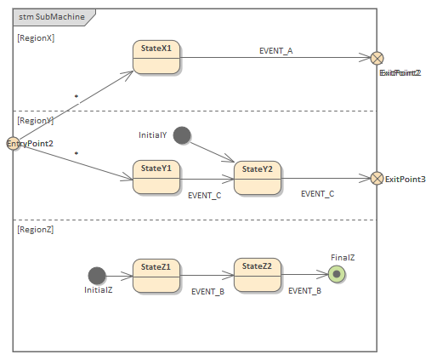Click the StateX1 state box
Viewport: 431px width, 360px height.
pos(156,58)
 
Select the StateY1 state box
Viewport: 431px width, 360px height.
pos(156,177)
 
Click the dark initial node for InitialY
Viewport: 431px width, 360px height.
pos(181,135)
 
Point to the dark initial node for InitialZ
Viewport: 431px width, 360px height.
pos(97,275)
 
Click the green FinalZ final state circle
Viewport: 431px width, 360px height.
pos(337,274)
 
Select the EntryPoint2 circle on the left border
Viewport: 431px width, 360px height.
pos(13,144)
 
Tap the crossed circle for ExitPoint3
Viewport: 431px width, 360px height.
pos(377,179)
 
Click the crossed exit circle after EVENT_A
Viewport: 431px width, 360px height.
pos(377,58)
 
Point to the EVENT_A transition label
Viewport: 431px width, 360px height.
pos(275,51)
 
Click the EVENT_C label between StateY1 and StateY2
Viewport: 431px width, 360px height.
pos(204,195)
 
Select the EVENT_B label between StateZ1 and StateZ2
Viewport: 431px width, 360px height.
pos(207,292)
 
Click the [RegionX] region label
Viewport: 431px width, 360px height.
pos(36,38)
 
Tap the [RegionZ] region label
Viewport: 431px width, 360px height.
pos(36,230)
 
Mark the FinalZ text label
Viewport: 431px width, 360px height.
pos(343,256)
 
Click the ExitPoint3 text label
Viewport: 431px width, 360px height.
pos(405,180)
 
